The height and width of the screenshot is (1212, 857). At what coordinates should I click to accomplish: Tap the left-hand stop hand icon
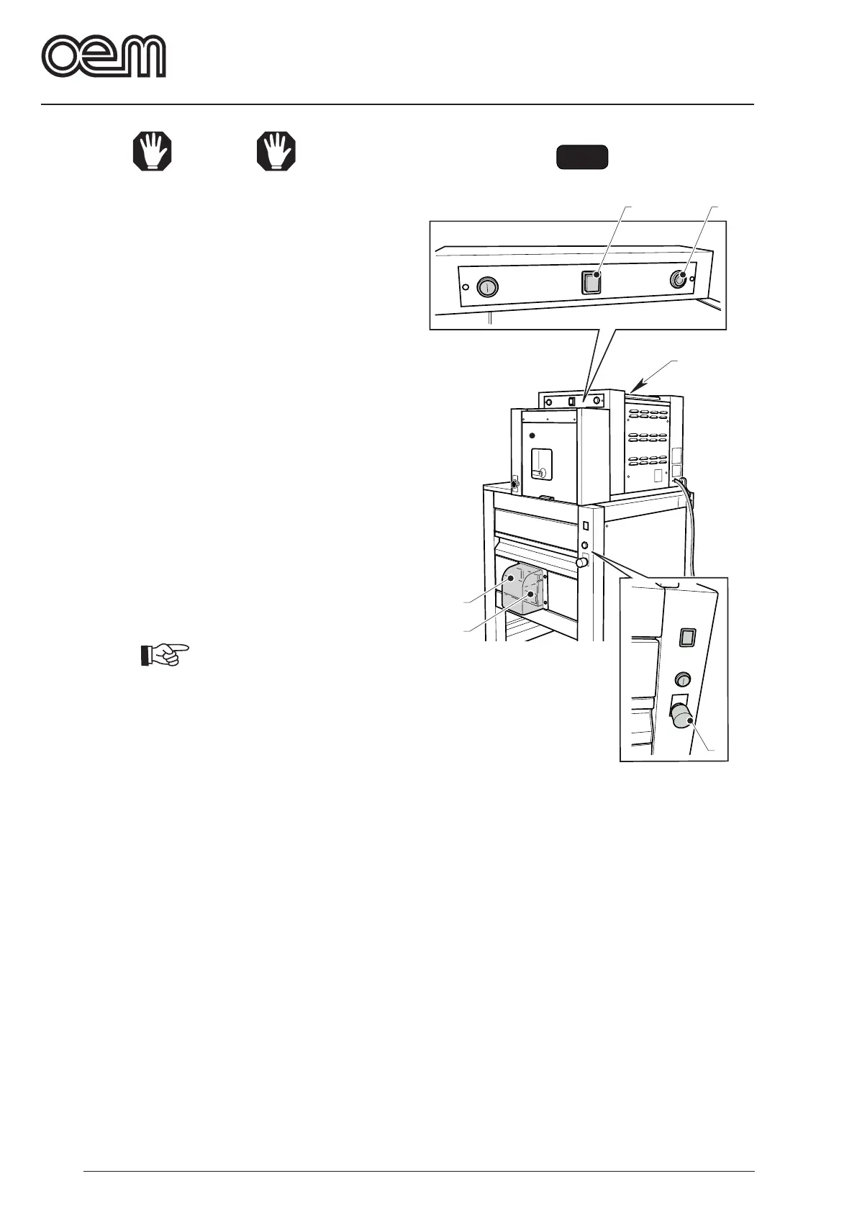153,152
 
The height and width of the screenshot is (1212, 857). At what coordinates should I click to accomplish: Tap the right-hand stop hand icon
277,152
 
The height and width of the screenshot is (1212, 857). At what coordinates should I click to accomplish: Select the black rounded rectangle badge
582,157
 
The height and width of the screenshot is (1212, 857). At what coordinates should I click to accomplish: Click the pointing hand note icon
164,654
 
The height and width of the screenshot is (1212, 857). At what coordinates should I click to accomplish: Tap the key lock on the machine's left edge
515,485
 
